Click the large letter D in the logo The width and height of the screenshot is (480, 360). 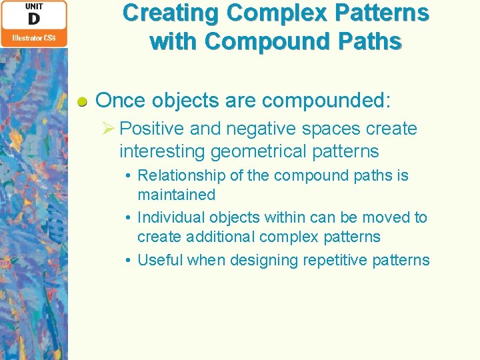click(x=33, y=19)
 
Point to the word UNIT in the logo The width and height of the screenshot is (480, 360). click(x=33, y=6)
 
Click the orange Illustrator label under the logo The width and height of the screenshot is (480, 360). click(x=33, y=39)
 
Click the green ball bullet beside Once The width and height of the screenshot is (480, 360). click(x=82, y=102)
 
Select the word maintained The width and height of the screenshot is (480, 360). click(x=176, y=195)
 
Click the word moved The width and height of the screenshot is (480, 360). click(x=387, y=217)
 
